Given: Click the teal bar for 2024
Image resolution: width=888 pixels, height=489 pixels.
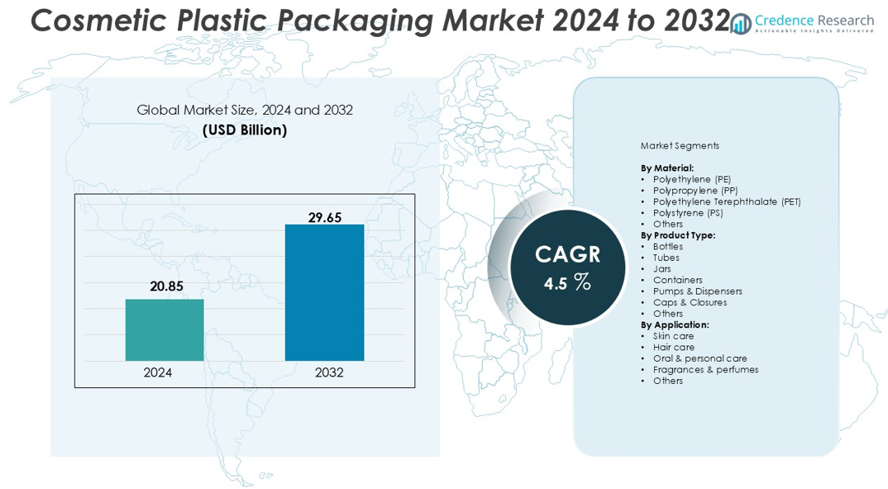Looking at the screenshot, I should coord(164,330).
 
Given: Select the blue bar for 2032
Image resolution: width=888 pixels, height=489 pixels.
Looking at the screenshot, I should coord(324,292).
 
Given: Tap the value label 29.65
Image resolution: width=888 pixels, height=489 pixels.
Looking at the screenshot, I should coord(324,217).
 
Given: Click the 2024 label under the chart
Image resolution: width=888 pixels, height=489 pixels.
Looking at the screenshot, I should coord(158,372).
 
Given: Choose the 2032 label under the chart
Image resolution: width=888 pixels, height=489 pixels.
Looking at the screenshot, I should coord(329,372).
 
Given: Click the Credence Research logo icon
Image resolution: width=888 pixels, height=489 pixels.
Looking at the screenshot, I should coord(741,24).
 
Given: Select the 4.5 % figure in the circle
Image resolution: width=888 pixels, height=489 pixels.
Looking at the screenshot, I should coord(567,283).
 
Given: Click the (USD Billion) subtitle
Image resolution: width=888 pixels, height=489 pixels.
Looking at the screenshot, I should coord(245,130).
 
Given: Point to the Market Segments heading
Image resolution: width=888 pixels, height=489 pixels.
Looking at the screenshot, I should coord(680,146).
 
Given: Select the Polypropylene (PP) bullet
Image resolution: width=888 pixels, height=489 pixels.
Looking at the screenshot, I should coord(694,190).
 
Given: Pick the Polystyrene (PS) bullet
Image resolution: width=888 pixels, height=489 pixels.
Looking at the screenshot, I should coord(688,213).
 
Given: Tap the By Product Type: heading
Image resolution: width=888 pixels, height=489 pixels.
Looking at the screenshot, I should coord(678,235).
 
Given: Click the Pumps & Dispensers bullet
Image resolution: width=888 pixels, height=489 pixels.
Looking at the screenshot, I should coord(697,291).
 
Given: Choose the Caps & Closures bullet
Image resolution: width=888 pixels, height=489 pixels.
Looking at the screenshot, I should coord(689,302).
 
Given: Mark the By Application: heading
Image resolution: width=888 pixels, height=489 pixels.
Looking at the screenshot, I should coord(675,325).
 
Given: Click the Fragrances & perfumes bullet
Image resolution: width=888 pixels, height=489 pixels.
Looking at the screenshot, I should coord(705,369).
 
